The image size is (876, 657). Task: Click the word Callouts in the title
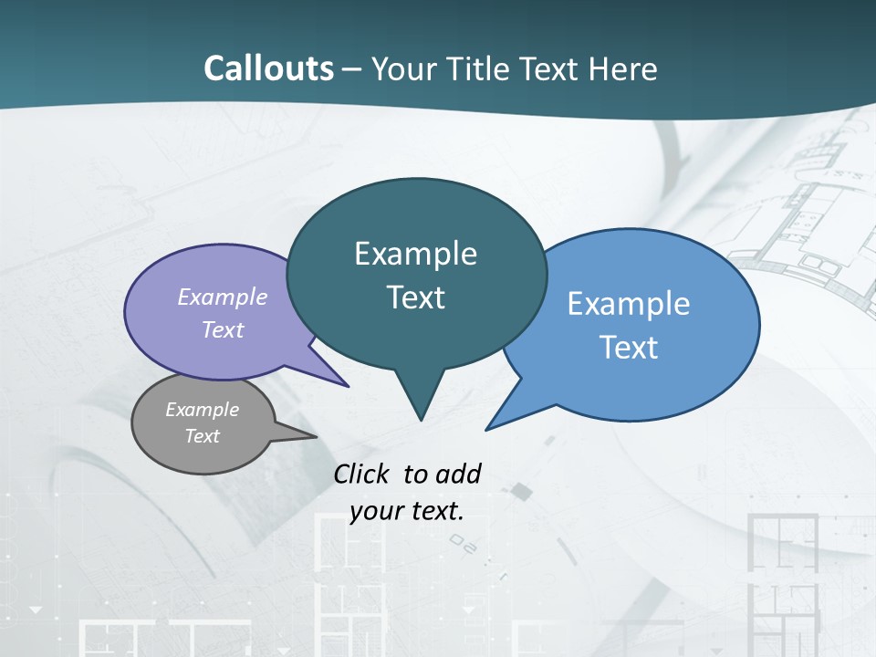coord(268,68)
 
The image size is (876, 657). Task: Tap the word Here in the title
coord(624,68)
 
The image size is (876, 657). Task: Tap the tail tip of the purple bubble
coord(347,386)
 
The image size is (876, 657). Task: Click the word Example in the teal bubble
coord(415,254)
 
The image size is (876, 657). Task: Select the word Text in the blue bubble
coord(629,348)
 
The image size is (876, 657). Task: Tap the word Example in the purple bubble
coord(222,297)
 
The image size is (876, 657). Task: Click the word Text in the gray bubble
coord(203,436)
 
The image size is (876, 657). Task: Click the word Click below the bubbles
coord(361,474)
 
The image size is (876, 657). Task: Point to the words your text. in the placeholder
coord(407,511)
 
